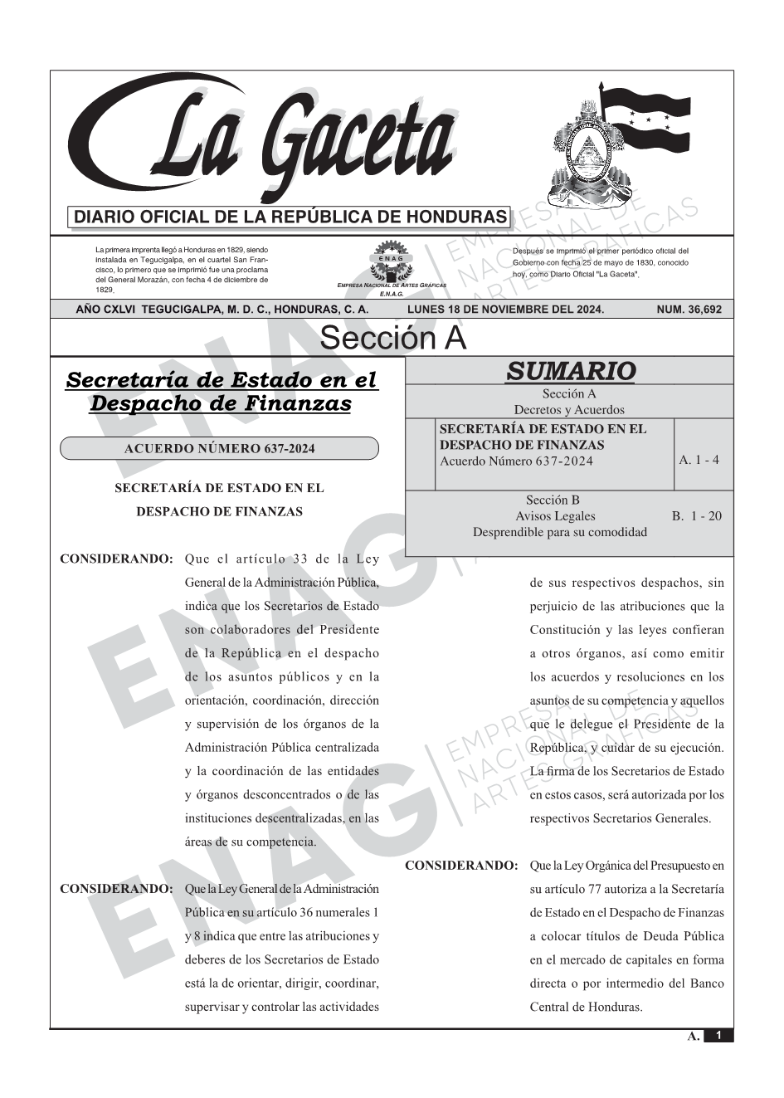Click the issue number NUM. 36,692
(689, 310)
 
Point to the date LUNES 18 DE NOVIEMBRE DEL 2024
(505, 310)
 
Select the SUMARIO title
(570, 371)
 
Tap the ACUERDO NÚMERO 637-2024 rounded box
(219, 449)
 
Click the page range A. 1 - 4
(699, 460)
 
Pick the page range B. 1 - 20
(697, 516)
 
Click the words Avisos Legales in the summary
(555, 516)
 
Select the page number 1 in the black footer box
(718, 1035)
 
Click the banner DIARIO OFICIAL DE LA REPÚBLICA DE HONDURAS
(290, 217)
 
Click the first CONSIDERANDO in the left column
(116, 559)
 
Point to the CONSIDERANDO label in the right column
(461, 866)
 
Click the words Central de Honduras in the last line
(586, 1007)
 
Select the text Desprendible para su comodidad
(559, 532)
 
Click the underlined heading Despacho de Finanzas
(220, 404)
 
